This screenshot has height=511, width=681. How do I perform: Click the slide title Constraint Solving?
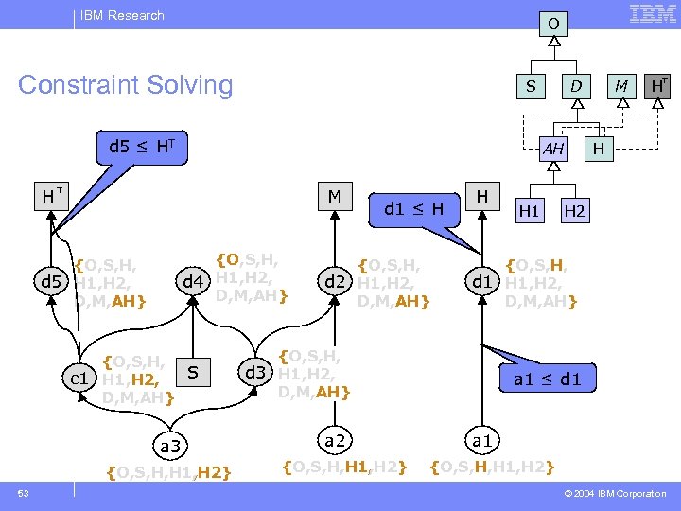126,85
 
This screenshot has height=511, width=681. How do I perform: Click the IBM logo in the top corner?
652,14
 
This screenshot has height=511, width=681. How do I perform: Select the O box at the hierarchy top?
553,23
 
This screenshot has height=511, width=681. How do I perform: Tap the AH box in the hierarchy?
553,149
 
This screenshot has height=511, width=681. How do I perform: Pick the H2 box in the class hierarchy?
574,211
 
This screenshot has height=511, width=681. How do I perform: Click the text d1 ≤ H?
413,208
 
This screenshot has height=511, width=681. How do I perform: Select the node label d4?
193,281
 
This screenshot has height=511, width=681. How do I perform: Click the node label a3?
172,444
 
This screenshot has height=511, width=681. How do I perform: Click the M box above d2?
334,197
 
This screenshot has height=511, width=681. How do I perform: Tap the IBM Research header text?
122,15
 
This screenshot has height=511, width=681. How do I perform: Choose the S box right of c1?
192,373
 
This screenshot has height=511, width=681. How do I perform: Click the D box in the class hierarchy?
574,87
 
